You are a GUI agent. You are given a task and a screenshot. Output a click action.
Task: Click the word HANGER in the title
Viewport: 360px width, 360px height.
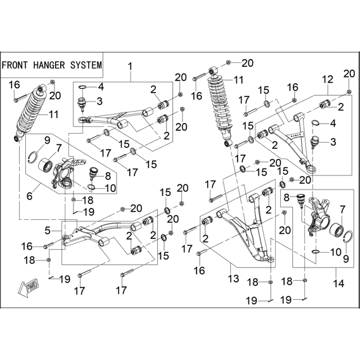49,65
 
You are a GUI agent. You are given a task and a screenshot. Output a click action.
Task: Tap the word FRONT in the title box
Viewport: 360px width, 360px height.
15,65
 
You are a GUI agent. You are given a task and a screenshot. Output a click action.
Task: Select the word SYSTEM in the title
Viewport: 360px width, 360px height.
86,65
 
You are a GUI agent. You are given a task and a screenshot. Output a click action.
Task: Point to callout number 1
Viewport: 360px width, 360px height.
131,67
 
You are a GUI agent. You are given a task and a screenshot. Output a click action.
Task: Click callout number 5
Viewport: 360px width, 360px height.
48,231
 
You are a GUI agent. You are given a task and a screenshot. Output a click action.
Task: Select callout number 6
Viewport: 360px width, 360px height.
30,196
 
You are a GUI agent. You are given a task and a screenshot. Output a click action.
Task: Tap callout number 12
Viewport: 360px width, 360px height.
328,79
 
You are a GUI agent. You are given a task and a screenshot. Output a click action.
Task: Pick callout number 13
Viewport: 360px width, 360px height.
233,278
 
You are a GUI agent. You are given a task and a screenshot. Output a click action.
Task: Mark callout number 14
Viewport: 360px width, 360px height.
338,283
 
